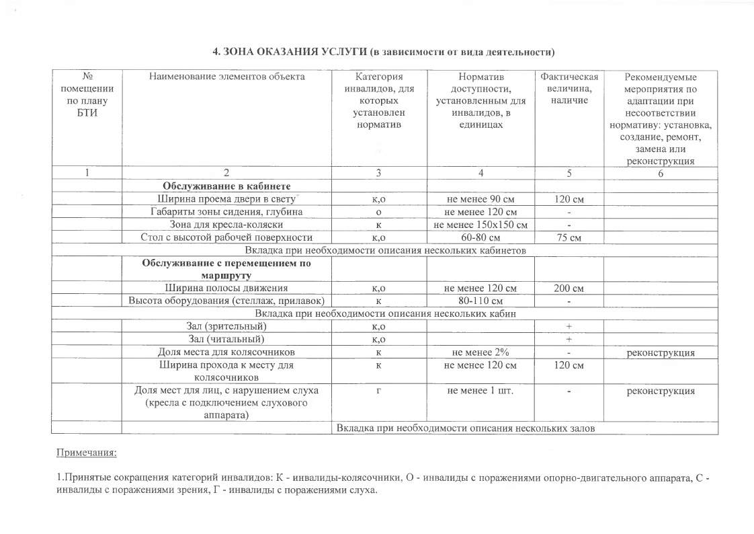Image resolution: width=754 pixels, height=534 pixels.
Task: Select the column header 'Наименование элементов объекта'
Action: pyautogui.click(x=227, y=77)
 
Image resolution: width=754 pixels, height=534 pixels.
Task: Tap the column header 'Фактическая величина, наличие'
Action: pyautogui.click(x=569, y=88)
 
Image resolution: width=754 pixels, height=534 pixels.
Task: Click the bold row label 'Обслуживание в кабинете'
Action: pyautogui.click(x=227, y=186)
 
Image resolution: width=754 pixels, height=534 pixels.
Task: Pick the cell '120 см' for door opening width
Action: pyautogui.click(x=569, y=199)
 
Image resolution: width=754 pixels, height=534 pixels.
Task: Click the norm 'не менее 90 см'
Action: pyautogui.click(x=480, y=199)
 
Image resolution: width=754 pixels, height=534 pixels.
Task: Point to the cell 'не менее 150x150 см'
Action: pyautogui.click(x=480, y=224)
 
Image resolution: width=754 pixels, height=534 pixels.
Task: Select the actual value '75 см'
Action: pyautogui.click(x=569, y=237)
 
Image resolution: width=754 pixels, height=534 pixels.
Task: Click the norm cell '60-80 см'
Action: pyautogui.click(x=480, y=237)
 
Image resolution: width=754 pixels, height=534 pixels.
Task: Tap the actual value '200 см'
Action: pyautogui.click(x=569, y=289)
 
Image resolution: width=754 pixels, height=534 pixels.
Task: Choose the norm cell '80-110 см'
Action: pyautogui.click(x=480, y=301)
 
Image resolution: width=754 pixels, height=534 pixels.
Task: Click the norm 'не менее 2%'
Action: pyautogui.click(x=480, y=352)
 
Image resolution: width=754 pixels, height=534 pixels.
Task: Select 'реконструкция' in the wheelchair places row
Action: pyautogui.click(x=660, y=352)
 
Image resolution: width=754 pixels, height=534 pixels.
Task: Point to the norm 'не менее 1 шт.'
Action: pyautogui.click(x=480, y=391)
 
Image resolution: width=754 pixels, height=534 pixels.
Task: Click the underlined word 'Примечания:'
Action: pyautogui.click(x=87, y=453)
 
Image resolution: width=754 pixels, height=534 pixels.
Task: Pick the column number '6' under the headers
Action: pyautogui.click(x=660, y=174)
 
